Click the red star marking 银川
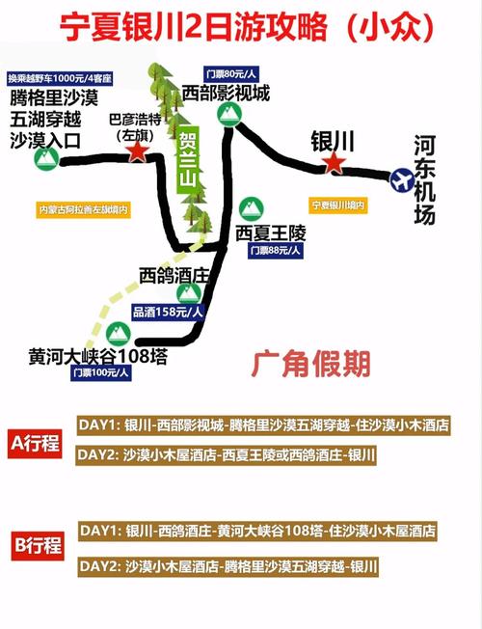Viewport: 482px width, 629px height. click(x=334, y=163)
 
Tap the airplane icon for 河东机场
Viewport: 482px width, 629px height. click(x=400, y=180)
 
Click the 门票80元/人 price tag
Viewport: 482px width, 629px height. click(x=230, y=73)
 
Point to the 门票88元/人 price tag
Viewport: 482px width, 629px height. click(x=276, y=250)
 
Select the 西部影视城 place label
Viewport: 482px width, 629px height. click(x=226, y=93)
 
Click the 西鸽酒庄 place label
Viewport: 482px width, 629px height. click(x=174, y=276)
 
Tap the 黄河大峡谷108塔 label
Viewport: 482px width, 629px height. click(x=98, y=356)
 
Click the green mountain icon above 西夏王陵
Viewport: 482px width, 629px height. click(x=251, y=207)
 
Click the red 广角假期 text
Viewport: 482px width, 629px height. click(x=310, y=363)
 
